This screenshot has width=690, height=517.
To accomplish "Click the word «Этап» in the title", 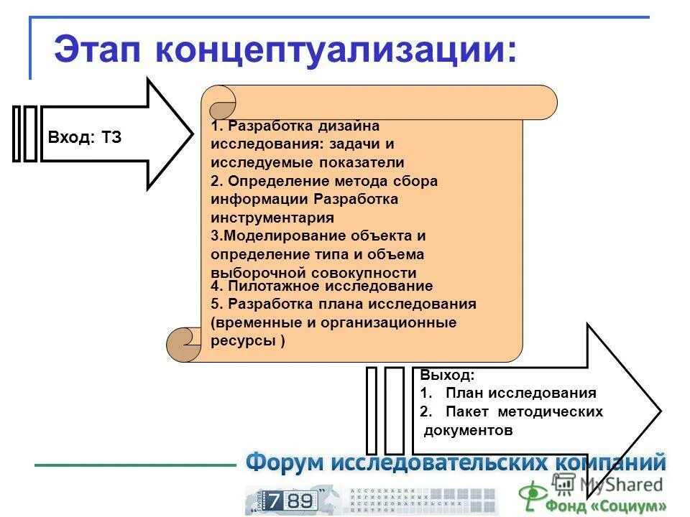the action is point(97,50).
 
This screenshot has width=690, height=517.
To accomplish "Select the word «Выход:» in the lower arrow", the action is point(447,375).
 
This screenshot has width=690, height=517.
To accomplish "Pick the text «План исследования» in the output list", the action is point(520,393).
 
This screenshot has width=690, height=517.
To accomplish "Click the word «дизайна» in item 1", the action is point(350,126).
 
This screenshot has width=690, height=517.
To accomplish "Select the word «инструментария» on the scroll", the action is point(272,218).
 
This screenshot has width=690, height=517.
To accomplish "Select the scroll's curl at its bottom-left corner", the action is point(183,343).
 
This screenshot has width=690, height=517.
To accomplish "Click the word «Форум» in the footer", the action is point(285,462).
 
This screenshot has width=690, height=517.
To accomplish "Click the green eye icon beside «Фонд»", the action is point(533,495).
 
